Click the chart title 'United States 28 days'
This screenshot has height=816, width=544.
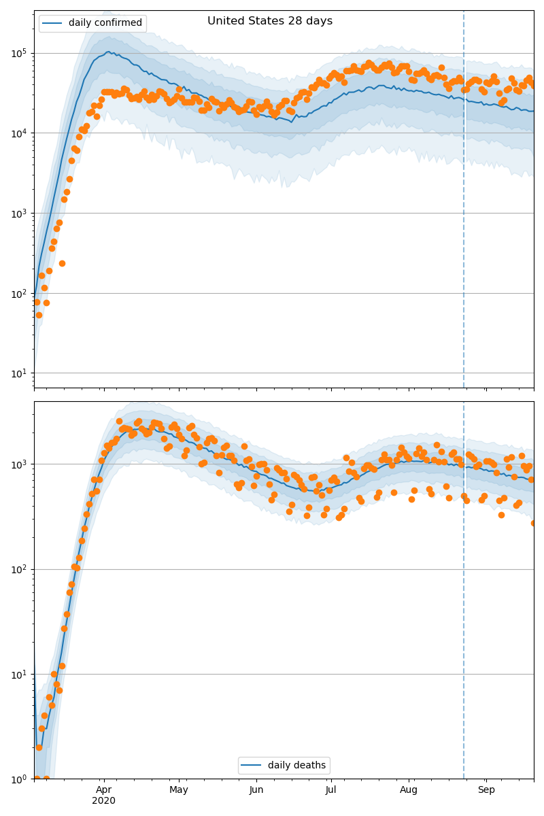[x=270, y=21]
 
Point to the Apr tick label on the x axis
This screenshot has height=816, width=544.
[x=103, y=789]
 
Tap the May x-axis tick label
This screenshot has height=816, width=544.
[x=179, y=789]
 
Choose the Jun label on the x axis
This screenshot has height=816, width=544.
[x=256, y=789]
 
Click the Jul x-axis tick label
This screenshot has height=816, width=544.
[x=331, y=789]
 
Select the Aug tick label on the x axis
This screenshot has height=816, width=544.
[x=409, y=789]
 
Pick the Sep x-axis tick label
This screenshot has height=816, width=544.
[x=486, y=789]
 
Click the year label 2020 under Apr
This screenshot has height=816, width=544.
[x=103, y=801]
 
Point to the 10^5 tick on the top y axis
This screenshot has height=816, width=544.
[x=19, y=53]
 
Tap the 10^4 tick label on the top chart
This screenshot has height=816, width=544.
[x=19, y=133]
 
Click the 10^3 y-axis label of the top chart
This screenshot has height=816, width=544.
[x=19, y=214]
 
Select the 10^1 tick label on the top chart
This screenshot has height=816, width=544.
[x=19, y=373]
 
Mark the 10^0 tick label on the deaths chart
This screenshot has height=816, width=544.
[x=19, y=779]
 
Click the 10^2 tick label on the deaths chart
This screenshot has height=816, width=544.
[x=19, y=569]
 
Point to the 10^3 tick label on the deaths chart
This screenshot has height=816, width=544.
[x=19, y=464]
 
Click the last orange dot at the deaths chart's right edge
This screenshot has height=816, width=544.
[x=534, y=523]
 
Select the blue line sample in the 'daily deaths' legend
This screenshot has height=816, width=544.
[x=252, y=766]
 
